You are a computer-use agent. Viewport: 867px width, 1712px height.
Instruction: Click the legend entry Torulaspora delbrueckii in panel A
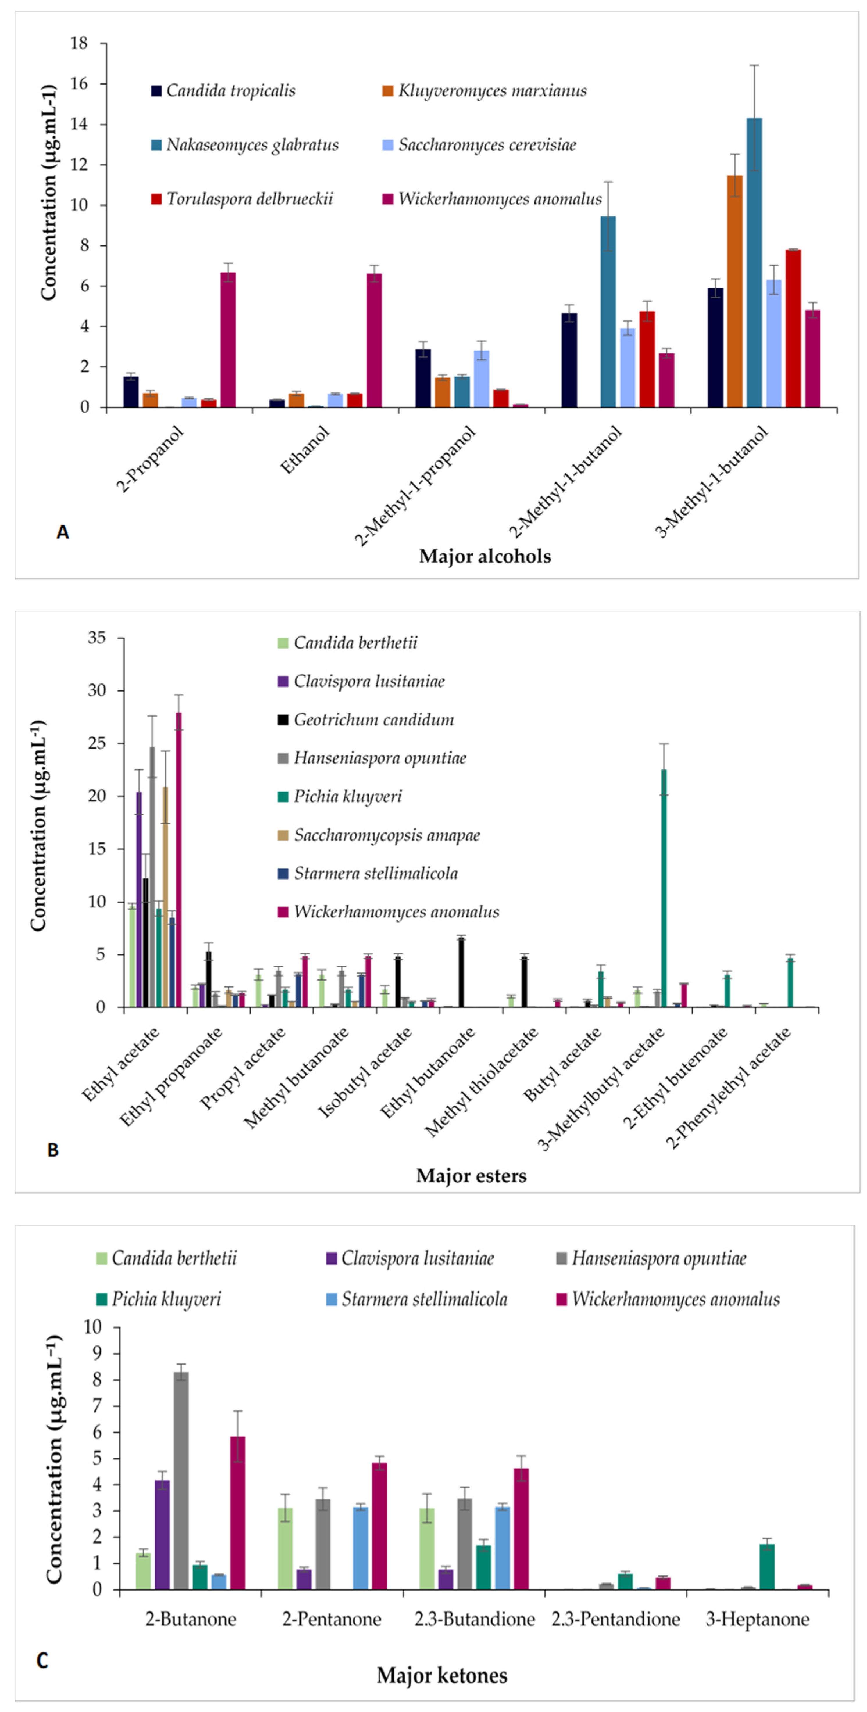click(249, 199)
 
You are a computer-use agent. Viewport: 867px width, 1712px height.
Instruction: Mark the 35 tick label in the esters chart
click(97, 638)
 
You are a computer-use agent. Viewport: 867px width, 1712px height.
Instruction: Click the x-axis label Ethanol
click(305, 451)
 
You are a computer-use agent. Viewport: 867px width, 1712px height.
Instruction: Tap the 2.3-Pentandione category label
click(615, 1619)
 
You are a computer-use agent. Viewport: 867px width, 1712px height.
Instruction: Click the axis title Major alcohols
click(485, 556)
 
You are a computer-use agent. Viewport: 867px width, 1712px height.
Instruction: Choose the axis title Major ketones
click(442, 1675)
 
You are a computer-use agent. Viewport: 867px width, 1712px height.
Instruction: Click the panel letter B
click(53, 1151)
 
